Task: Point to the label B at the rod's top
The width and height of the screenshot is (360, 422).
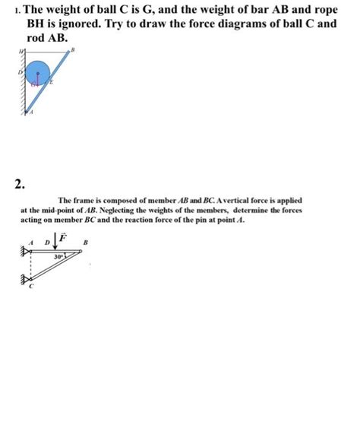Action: click(x=73, y=49)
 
